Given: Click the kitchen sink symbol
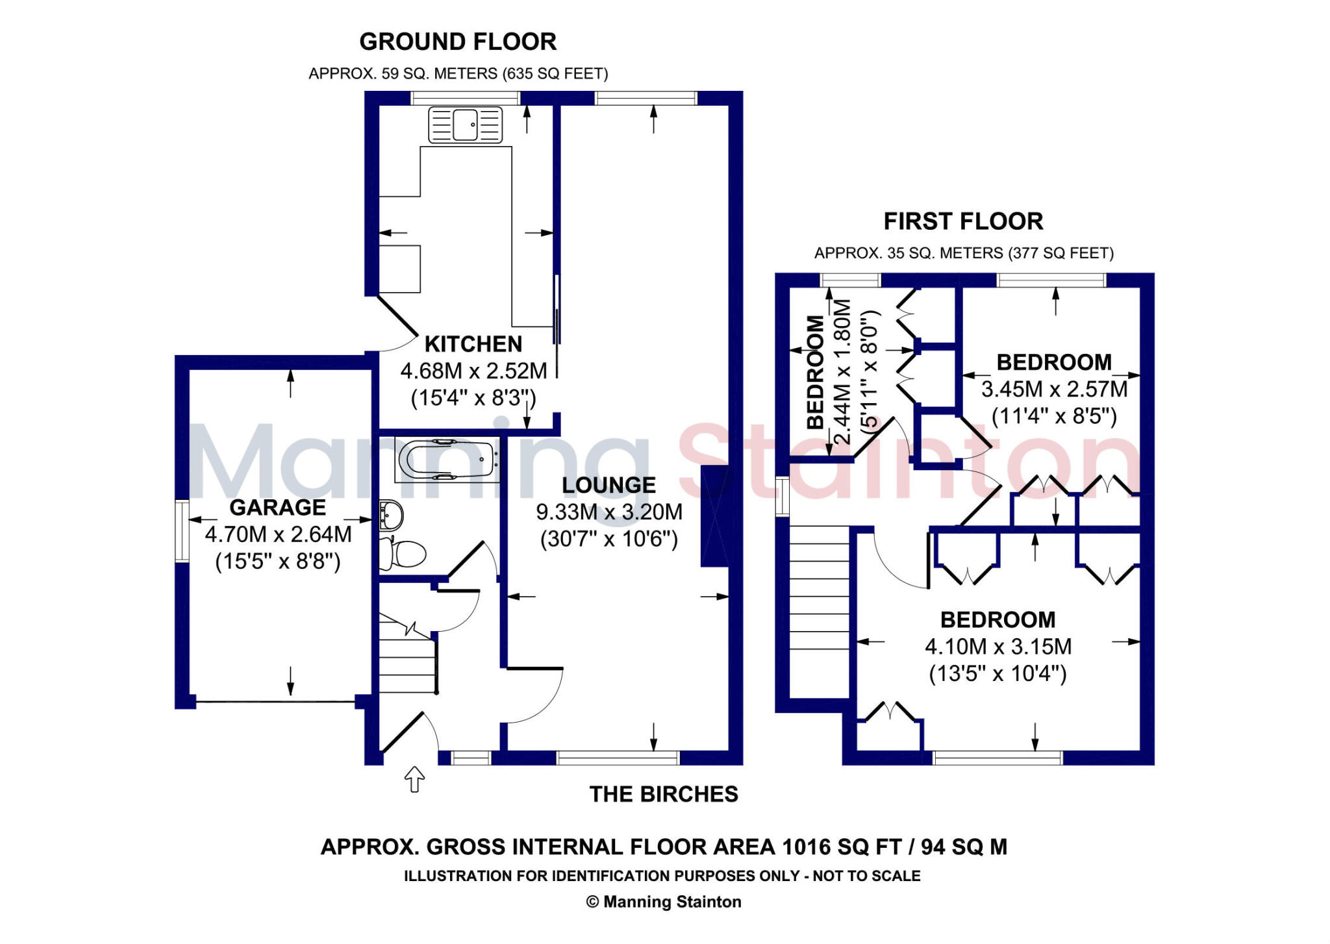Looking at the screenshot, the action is [x=465, y=125].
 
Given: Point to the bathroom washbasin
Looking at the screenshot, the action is [x=391, y=515].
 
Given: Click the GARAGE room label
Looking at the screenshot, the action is [x=278, y=507].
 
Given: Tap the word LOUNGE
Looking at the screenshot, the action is [x=609, y=485].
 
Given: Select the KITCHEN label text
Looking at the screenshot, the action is [x=473, y=343].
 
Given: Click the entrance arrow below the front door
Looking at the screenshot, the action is [x=414, y=779].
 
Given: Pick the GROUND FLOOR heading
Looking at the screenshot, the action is [x=458, y=42].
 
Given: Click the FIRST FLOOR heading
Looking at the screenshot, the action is [x=963, y=221].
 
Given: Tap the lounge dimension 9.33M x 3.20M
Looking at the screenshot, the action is [x=609, y=512].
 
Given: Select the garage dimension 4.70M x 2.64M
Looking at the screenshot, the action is [x=279, y=534].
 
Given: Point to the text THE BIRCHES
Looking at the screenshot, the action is [x=664, y=794].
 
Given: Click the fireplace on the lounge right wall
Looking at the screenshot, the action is [x=714, y=517].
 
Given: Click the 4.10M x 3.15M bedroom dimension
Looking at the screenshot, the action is [x=998, y=647].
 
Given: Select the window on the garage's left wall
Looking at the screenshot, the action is [x=182, y=531].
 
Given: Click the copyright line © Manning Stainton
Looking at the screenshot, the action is [x=664, y=902].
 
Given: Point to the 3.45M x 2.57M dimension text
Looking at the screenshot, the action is [x=1055, y=389].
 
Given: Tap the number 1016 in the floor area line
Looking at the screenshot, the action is [x=807, y=847].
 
